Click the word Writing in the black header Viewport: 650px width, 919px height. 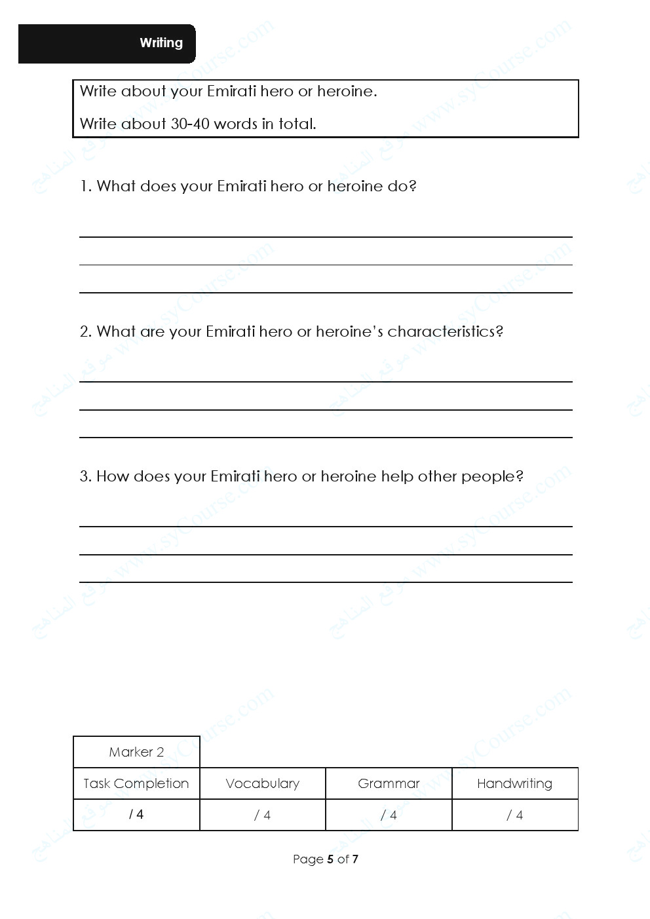[x=161, y=43]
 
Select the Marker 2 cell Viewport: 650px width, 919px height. [x=136, y=752]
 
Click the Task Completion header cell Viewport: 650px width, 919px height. [x=136, y=783]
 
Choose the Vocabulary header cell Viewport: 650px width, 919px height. [x=262, y=783]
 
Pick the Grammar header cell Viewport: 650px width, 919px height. [x=389, y=783]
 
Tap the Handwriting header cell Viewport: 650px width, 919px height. [x=514, y=783]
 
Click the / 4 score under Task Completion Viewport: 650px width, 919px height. [x=136, y=815]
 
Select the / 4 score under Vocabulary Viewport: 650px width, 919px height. [x=262, y=816]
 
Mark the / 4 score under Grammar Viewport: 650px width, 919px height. [x=389, y=816]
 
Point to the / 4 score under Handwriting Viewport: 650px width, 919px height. [x=514, y=816]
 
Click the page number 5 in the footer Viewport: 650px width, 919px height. [x=330, y=859]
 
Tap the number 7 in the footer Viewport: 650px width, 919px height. [x=355, y=859]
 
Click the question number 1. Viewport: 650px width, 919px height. [x=85, y=187]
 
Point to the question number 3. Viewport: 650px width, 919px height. [x=85, y=477]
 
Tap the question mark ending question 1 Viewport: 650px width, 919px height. [x=413, y=187]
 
